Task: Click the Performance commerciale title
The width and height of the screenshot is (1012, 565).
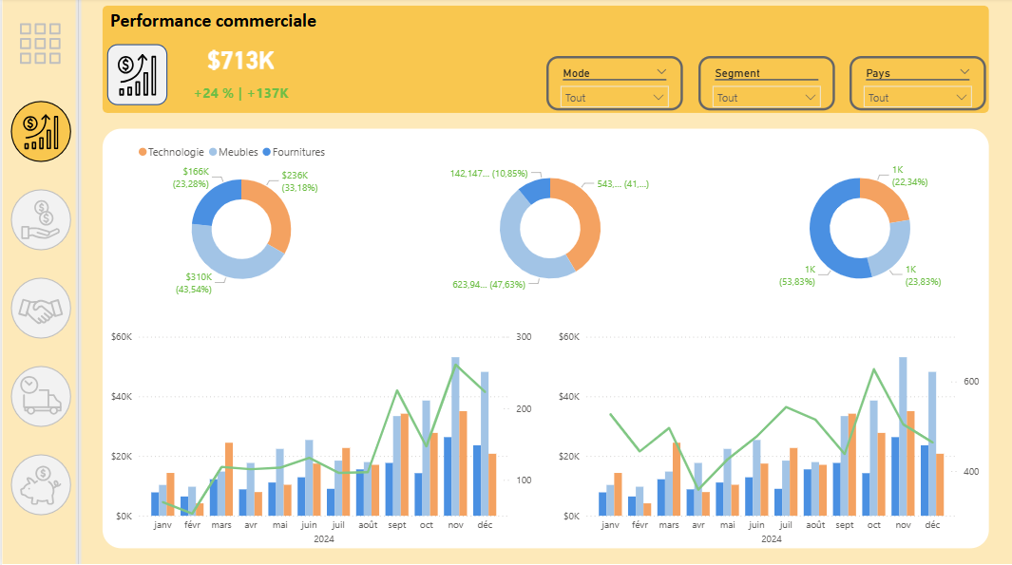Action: pos(214,21)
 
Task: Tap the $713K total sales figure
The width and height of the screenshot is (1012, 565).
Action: pos(240,61)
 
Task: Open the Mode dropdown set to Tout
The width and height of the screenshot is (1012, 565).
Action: pos(615,97)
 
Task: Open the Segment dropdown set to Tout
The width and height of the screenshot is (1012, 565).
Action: pos(767,97)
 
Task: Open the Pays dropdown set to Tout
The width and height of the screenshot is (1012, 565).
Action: pos(918,97)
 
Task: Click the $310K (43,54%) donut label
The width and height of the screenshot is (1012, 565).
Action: pos(193,282)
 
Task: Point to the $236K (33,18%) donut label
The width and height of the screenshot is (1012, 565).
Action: pos(301,180)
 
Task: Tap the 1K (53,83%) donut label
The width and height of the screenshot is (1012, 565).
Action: pos(797,276)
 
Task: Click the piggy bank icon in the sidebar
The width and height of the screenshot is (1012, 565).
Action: pos(41,484)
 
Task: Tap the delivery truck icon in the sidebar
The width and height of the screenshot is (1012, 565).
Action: pos(41,396)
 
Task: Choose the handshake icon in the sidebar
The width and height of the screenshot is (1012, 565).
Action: pos(41,309)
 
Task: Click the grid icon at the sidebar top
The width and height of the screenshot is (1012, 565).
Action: pos(40,44)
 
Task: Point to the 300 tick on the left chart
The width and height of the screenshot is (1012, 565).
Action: pos(524,336)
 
